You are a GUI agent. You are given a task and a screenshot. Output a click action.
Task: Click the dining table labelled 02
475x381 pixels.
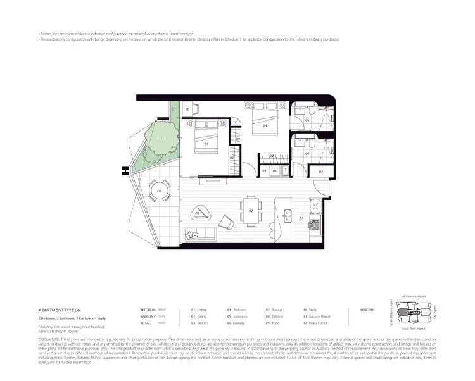(x=250, y=211)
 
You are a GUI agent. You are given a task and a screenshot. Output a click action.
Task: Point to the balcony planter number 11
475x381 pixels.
(x=162, y=138)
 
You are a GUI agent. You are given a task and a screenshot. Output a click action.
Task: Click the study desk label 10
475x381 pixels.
(x=188, y=109)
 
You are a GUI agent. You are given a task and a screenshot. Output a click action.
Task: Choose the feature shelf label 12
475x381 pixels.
(x=235, y=122)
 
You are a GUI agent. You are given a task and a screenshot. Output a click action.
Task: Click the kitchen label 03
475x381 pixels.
(x=301, y=218)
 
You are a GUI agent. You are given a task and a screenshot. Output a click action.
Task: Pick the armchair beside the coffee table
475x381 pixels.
(x=226, y=221)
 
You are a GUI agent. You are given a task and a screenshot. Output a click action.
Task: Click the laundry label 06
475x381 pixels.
(x=275, y=171)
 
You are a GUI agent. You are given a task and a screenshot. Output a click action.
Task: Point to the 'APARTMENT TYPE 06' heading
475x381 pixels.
(x=60, y=310)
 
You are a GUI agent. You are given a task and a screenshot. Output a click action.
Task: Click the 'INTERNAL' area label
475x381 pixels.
(x=148, y=310)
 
